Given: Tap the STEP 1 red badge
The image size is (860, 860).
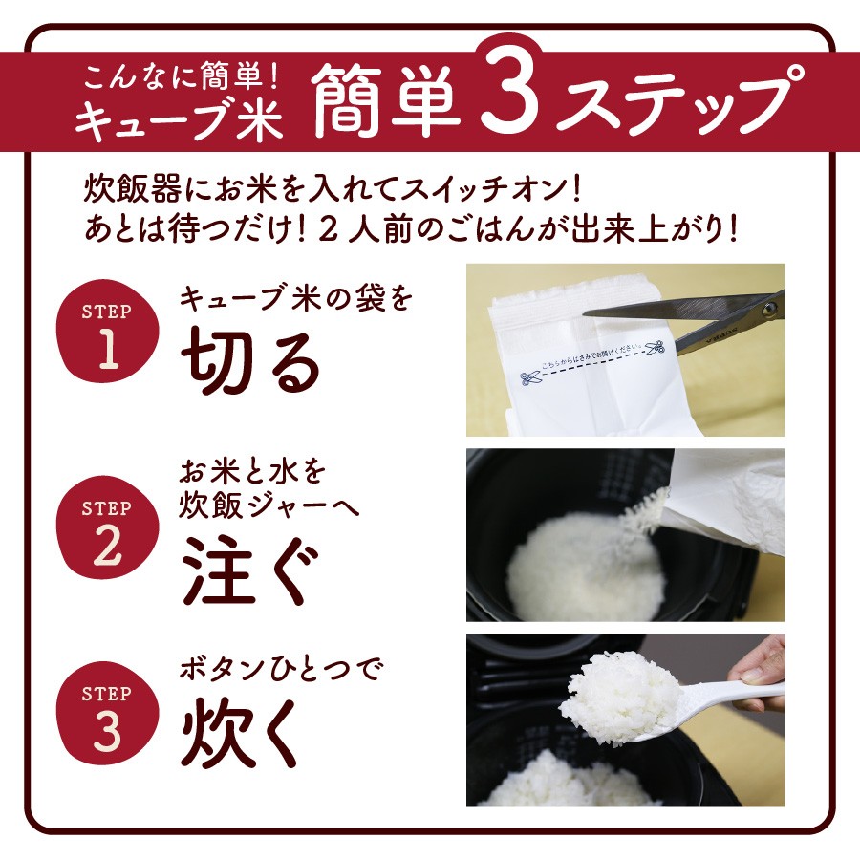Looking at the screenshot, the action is [x=108, y=331].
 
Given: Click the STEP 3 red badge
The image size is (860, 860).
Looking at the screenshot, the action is [x=108, y=713].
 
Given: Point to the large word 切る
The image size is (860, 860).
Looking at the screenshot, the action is [x=250, y=362].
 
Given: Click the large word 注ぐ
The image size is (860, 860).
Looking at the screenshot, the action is [x=250, y=570].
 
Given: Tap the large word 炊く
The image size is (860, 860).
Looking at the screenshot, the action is [x=242, y=733].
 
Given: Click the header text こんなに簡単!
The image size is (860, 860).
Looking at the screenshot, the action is [x=182, y=77].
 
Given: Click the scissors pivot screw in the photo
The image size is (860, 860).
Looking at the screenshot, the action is [x=769, y=310].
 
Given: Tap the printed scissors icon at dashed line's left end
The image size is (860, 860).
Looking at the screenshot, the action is [x=530, y=378].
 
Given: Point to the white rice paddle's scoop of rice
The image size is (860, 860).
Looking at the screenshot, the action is [x=624, y=697].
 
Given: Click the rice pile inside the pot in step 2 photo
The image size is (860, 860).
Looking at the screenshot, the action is [x=586, y=565].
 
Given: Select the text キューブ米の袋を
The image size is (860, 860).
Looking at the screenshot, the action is [x=295, y=299].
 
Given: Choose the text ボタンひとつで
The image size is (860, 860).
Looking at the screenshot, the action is [x=280, y=669].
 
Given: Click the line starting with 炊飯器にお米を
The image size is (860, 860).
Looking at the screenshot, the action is [x=332, y=190].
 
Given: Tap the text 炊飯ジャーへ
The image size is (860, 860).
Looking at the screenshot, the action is [x=269, y=504].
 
